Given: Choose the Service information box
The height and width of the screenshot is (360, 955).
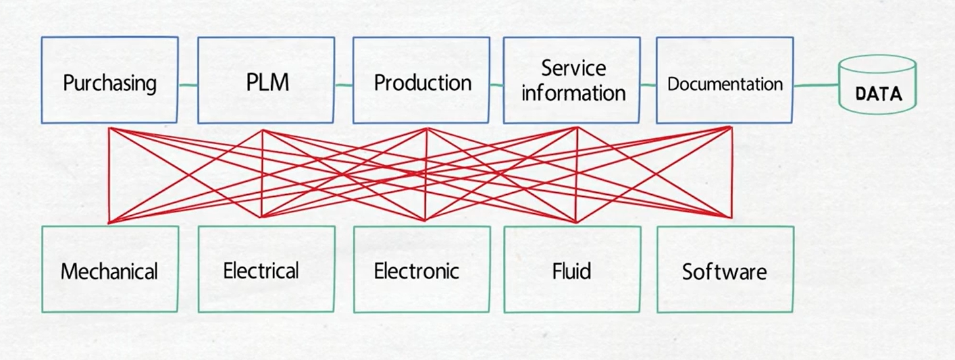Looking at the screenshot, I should tap(572, 80).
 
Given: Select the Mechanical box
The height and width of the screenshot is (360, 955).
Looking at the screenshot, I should tap(109, 269).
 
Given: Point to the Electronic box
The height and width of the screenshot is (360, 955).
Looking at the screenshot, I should tap(421, 269).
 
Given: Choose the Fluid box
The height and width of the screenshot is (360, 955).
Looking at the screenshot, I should tap(572, 269).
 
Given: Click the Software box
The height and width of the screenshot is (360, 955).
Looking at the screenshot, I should tap(725, 269).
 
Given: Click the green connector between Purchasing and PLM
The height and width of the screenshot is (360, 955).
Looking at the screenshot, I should tap(188, 84).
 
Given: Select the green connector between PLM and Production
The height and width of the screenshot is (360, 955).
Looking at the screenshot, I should tap(344, 84).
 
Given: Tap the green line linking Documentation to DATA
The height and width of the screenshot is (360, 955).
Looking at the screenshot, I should tap(816, 86).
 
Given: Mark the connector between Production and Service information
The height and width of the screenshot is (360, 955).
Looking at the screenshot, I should tap(496, 84).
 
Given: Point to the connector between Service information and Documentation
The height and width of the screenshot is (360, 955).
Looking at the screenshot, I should tap(648, 84).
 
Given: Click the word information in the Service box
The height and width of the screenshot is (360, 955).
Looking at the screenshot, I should tap(573, 93).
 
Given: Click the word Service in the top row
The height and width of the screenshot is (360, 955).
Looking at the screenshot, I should tap(573, 68).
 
